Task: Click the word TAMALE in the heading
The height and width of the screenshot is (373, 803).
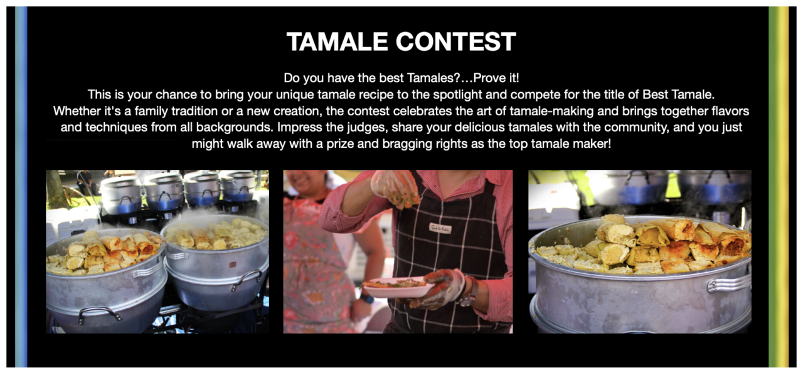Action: (x=338, y=42)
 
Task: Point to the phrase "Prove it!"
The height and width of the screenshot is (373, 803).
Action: (x=496, y=78)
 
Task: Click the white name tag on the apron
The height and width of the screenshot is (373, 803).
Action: (x=440, y=228)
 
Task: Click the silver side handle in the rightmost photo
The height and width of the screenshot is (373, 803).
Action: (x=728, y=283)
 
